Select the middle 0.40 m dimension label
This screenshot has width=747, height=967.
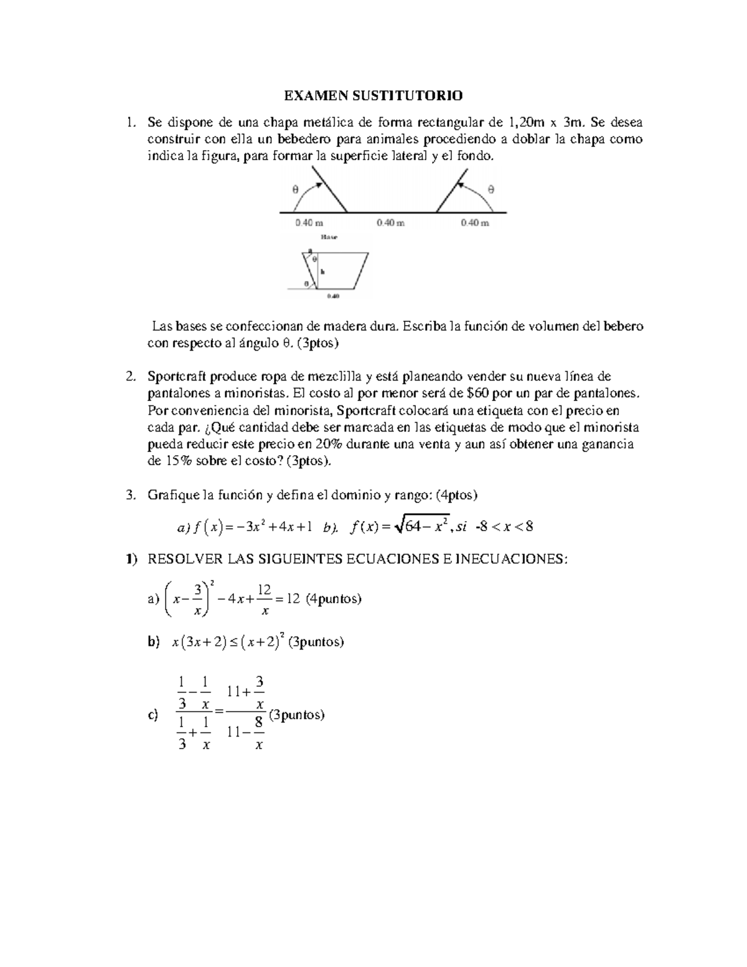pyautogui.click(x=391, y=223)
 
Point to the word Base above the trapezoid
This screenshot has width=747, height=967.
pyautogui.click(x=328, y=237)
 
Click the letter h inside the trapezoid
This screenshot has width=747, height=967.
pyautogui.click(x=322, y=272)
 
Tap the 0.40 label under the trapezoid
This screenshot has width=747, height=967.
pyautogui.click(x=333, y=296)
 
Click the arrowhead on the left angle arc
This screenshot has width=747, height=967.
pyautogui.click(x=319, y=182)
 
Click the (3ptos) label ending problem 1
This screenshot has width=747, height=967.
pyautogui.click(x=318, y=343)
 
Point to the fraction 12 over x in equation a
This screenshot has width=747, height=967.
pyautogui.click(x=264, y=599)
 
